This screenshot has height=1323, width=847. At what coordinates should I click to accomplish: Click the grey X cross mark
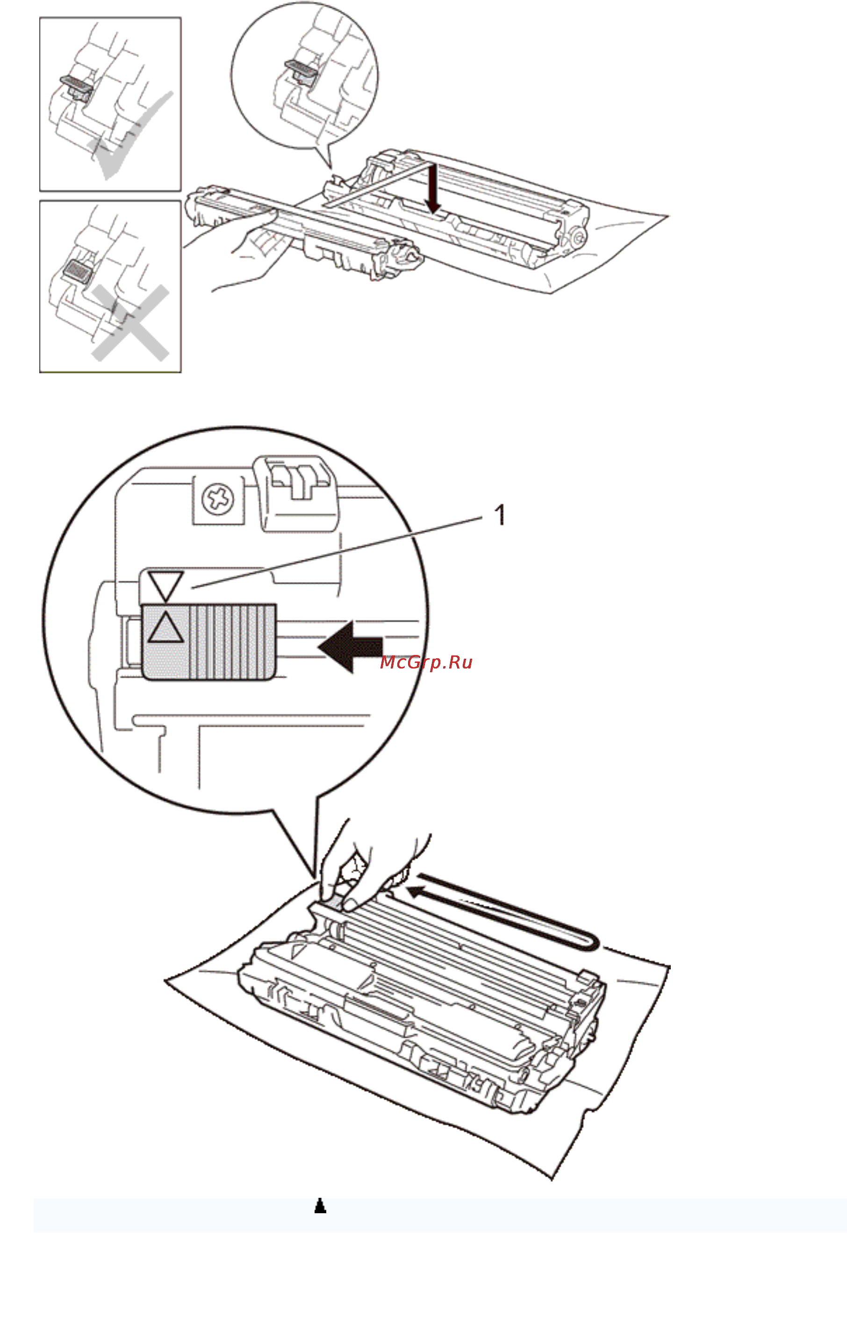pyautogui.click(x=130, y=323)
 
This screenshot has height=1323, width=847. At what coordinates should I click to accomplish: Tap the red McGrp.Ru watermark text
pyautogui.click(x=426, y=662)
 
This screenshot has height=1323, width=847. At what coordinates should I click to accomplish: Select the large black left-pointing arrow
pyautogui.click(x=351, y=646)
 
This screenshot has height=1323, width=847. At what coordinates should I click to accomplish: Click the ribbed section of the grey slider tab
pyautogui.click(x=233, y=642)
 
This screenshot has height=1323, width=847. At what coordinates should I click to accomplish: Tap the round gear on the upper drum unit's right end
pyautogui.click(x=577, y=237)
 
